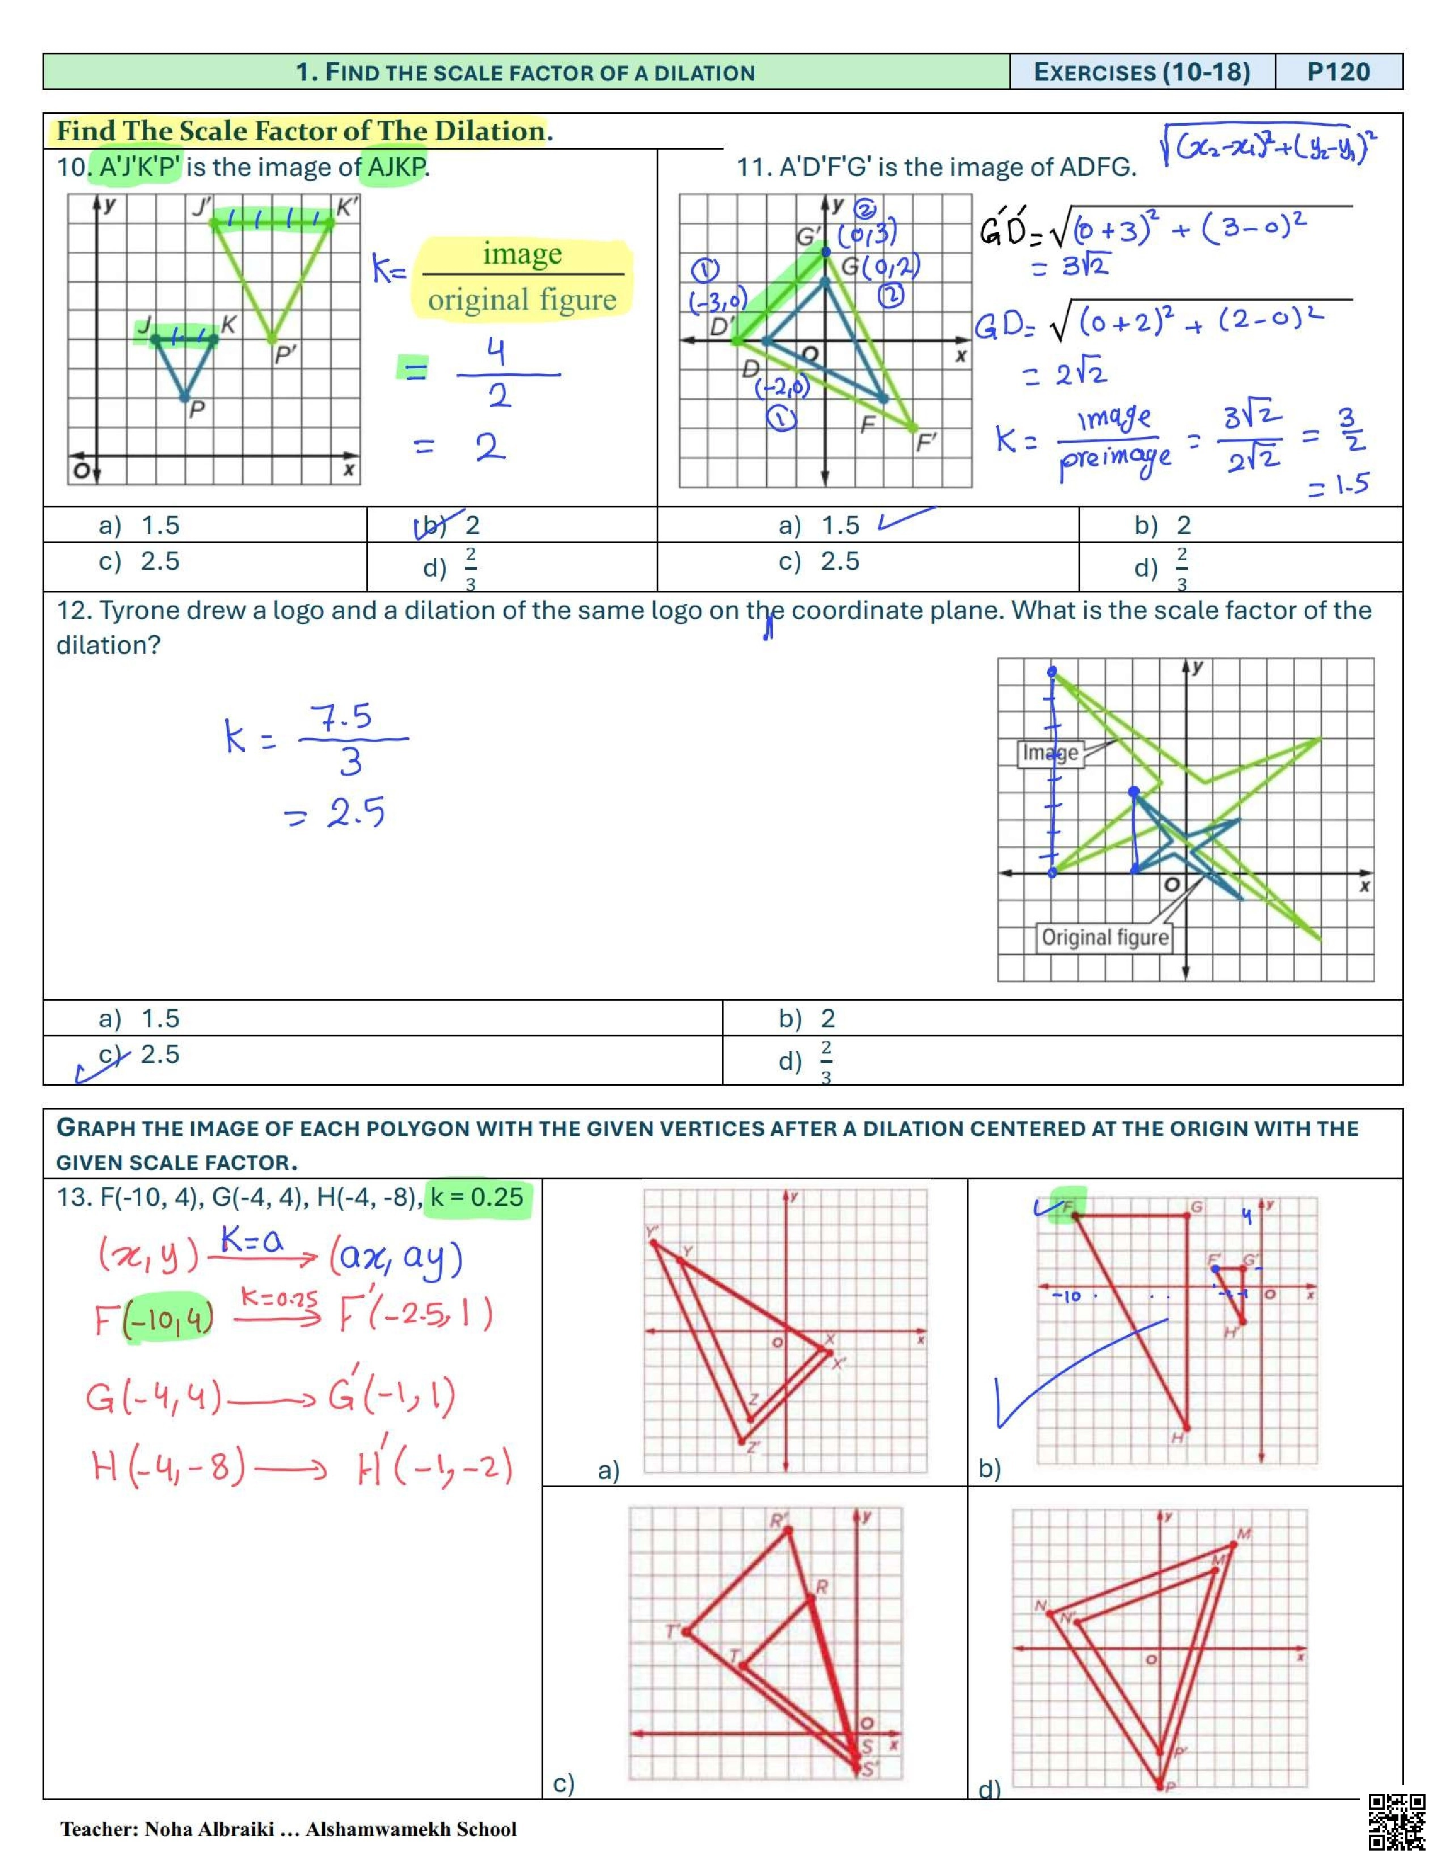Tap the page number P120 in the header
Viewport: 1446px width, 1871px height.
(1338, 72)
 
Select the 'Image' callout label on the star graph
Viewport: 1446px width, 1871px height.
(1050, 753)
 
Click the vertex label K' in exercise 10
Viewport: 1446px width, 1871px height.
(347, 206)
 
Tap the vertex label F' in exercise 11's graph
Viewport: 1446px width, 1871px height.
(926, 442)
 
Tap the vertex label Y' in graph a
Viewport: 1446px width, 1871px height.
(653, 1232)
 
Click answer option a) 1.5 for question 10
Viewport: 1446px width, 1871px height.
(139, 525)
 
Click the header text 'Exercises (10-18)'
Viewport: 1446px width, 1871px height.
(1142, 72)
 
